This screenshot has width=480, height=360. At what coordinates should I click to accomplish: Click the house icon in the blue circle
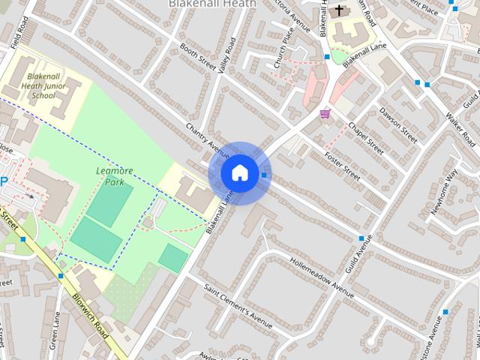[x=239, y=172]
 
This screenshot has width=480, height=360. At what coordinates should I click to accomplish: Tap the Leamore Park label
[x=115, y=175]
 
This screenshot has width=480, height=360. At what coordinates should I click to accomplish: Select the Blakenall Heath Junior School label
[x=50, y=86]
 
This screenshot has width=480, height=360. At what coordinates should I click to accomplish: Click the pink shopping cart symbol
[x=325, y=113]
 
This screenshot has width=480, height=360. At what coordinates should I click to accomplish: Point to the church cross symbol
[x=338, y=10]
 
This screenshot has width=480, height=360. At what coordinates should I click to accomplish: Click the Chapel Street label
[x=365, y=137]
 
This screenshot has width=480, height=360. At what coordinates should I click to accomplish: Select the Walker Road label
[x=460, y=128]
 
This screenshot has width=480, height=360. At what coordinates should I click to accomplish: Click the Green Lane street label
[x=54, y=330]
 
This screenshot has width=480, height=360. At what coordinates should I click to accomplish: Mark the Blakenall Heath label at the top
[x=212, y=4]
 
